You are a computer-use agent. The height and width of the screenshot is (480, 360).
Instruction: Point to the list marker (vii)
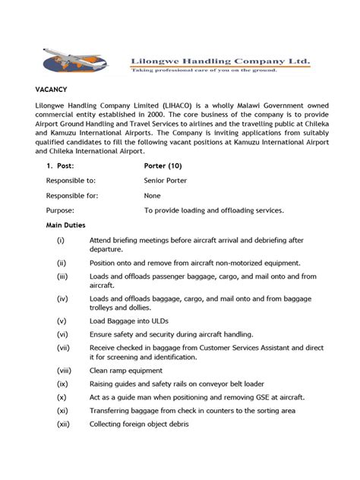[63, 347]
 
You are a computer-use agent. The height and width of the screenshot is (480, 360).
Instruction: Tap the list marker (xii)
[63, 423]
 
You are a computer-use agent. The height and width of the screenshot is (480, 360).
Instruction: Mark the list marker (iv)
[62, 298]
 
